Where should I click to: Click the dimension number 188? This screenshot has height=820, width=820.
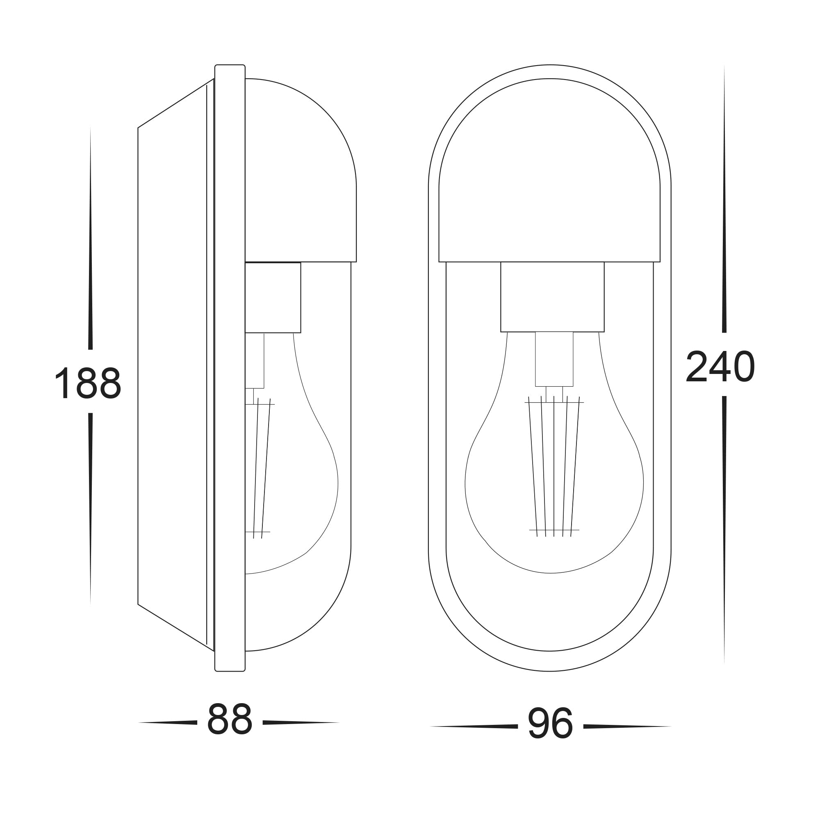pos(88,383)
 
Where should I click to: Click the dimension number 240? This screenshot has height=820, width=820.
pos(720,366)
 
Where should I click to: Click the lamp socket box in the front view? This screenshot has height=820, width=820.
pos(552,297)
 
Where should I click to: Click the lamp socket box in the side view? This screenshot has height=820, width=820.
pos(273,298)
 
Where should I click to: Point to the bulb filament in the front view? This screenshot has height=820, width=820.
pos(553,467)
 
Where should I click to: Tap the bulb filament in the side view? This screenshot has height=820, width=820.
pos(262,467)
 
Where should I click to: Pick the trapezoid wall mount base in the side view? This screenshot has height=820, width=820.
pos(174,365)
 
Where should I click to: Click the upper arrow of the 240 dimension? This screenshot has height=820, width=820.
pos(724,212)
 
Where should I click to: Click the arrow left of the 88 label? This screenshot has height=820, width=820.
pos(170,722)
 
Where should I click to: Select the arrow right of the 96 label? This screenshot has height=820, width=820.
pos(624,726)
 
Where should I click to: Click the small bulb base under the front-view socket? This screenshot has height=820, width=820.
pos(554,359)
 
